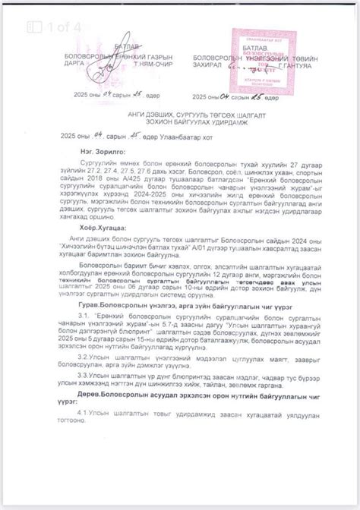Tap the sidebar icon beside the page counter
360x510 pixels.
[x=33, y=27]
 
